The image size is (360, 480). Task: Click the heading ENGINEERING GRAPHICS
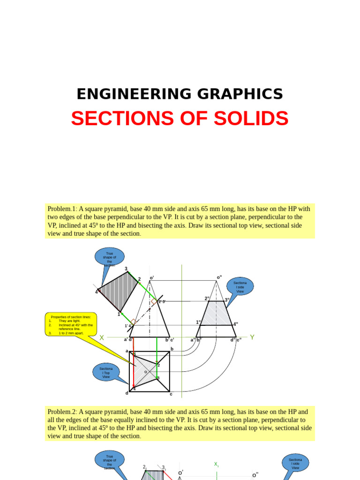pyautogui.click(x=180, y=94)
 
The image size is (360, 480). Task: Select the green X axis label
pyautogui.click(x=102, y=337)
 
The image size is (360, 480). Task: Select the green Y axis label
pyautogui.click(x=252, y=337)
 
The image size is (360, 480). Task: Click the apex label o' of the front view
pyautogui.click(x=152, y=278)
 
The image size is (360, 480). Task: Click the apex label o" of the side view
pyautogui.click(x=219, y=277)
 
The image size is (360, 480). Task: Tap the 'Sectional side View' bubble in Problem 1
pyautogui.click(x=240, y=286)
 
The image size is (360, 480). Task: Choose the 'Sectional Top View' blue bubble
pyautogui.click(x=106, y=373)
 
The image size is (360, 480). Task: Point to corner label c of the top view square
pyautogui.click(x=171, y=394)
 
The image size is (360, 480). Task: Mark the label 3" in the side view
pyautogui.click(x=227, y=300)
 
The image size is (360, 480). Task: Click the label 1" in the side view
pyautogui.click(x=199, y=322)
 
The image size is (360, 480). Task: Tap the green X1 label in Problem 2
pyautogui.click(x=217, y=465)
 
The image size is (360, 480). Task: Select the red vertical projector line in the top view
pyautogui.click(x=134, y=370)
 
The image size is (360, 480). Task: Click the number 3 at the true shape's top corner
pyautogui.click(x=126, y=269)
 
